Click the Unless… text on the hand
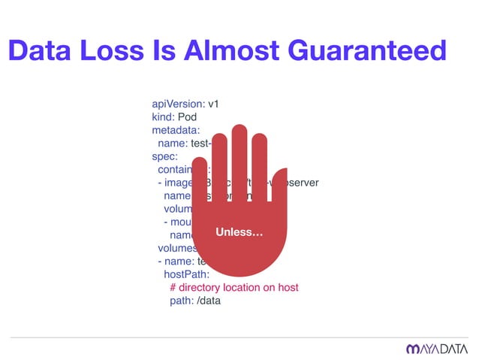(239, 233)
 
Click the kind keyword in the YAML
(163, 117)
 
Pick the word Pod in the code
(188, 117)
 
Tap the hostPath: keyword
(188, 274)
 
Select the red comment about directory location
(233, 288)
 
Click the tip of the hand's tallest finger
(239, 129)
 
